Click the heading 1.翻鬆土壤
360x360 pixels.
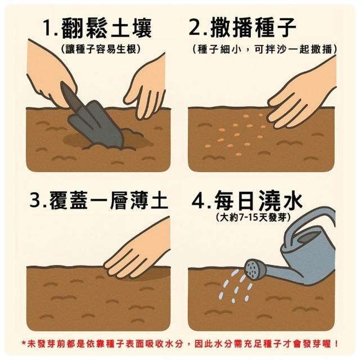tap(98, 29)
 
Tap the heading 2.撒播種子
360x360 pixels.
tap(242, 28)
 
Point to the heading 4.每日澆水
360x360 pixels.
tap(247, 201)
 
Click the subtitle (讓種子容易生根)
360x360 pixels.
tap(101, 49)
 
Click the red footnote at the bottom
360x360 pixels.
tap(180, 344)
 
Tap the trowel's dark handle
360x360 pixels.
tap(70, 96)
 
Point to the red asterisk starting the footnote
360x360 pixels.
tap(24, 343)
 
